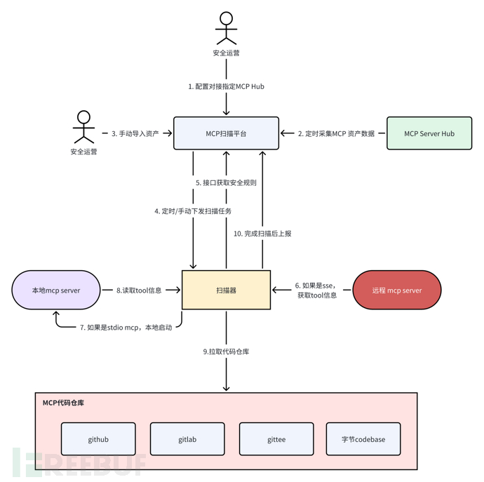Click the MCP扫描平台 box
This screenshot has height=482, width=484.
pyautogui.click(x=226, y=133)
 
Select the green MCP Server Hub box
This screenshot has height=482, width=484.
pyautogui.click(x=429, y=133)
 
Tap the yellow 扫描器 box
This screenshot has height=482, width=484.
pyautogui.click(x=226, y=290)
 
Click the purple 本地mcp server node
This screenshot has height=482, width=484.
pyautogui.click(x=56, y=290)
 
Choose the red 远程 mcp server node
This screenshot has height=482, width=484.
pyautogui.click(x=396, y=290)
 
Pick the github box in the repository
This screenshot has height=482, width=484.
pyautogui.click(x=98, y=439)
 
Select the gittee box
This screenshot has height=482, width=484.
pyautogui.click(x=276, y=439)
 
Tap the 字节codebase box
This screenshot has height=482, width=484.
pyautogui.click(x=363, y=439)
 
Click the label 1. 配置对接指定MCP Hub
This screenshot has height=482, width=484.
pyautogui.click(x=226, y=86)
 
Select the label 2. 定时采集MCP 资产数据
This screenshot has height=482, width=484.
pyautogui.click(x=336, y=133)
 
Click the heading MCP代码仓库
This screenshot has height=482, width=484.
pyautogui.click(x=64, y=403)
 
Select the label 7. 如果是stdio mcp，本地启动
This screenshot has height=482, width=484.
pyautogui.click(x=126, y=327)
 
